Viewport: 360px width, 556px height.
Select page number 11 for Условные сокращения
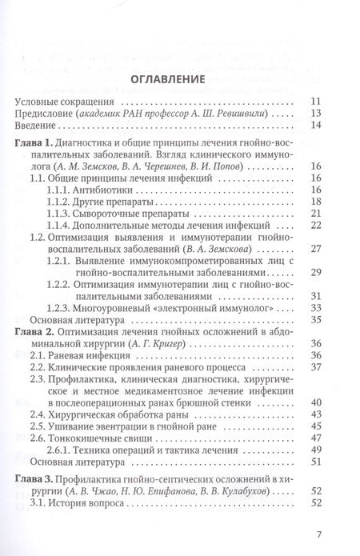[317, 101]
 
